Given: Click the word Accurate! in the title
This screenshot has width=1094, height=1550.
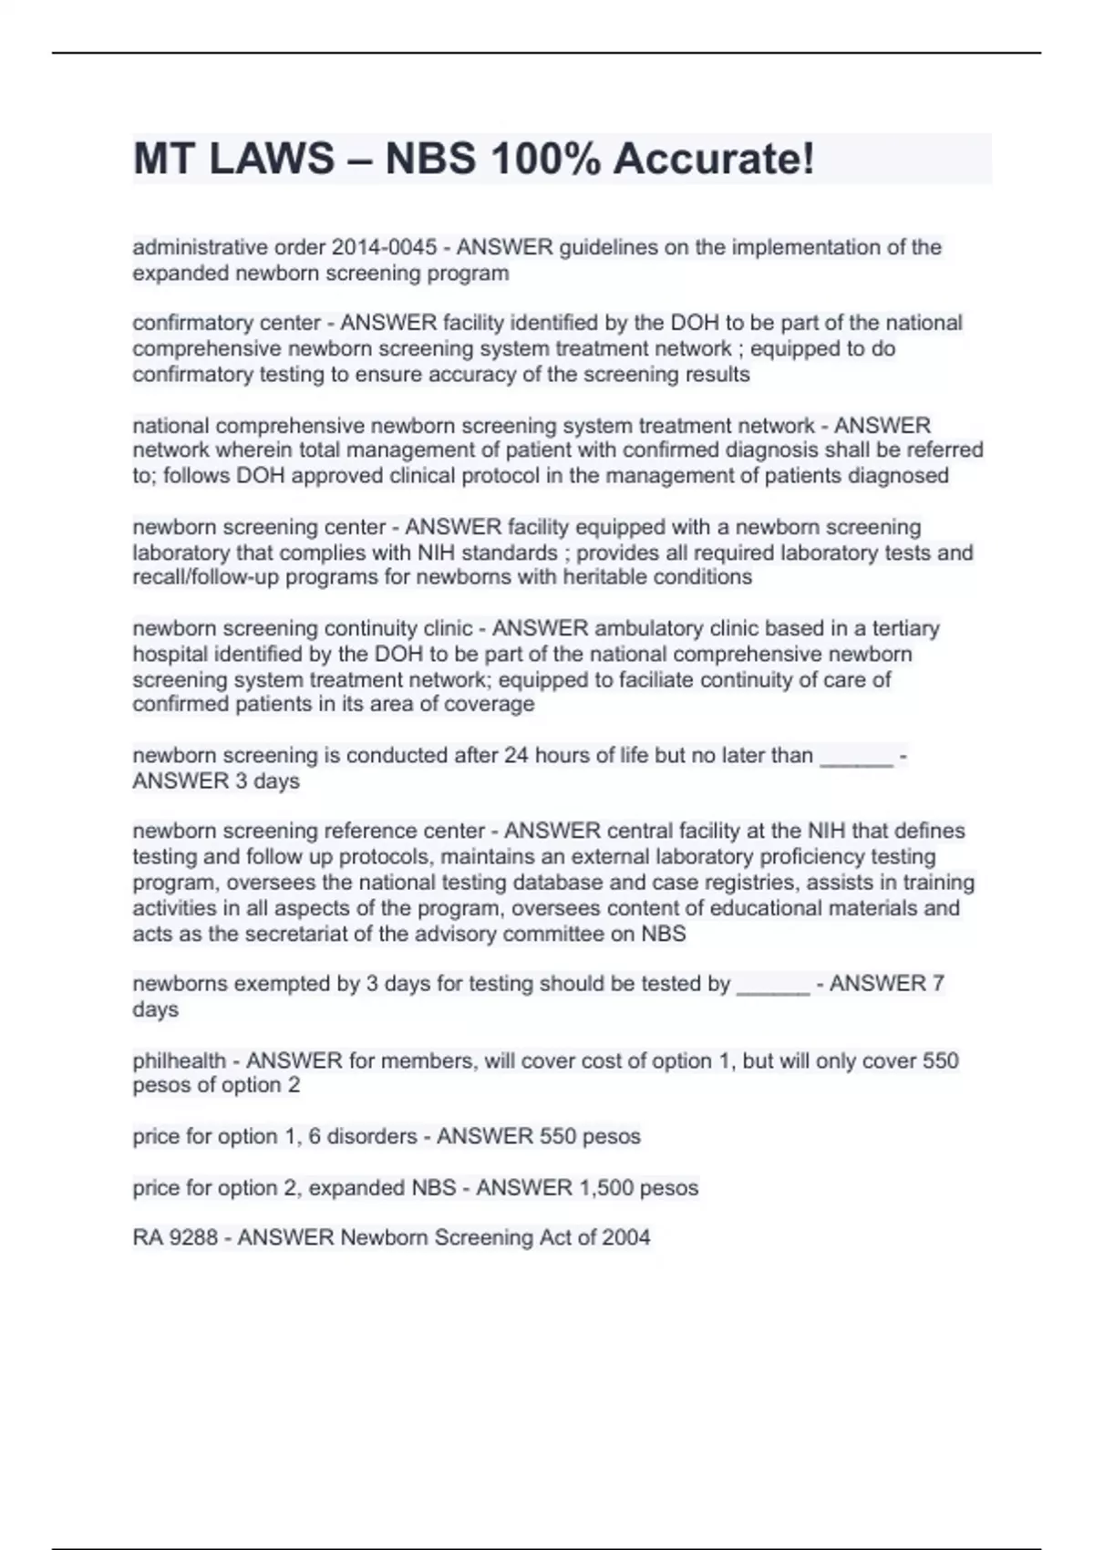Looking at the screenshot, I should [713, 160].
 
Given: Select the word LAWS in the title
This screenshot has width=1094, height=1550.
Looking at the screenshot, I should [272, 160].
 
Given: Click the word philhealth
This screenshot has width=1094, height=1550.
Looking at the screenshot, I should [179, 1060].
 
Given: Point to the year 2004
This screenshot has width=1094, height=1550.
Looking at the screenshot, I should [626, 1238].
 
